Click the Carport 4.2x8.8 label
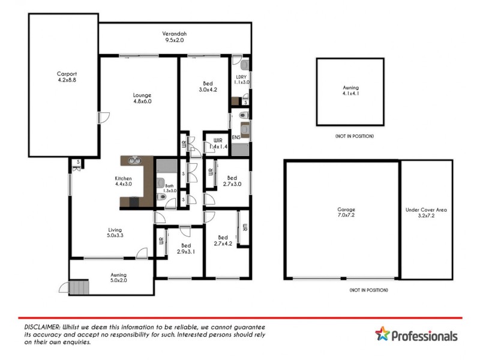point(63,78)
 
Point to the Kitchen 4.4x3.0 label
point(124,182)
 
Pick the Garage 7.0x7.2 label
point(342,213)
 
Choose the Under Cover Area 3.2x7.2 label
point(426,213)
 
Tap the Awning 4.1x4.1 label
point(350,91)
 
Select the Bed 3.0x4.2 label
point(207,86)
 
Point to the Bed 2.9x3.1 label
point(186,248)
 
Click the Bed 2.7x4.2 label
point(223,240)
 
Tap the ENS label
point(236,137)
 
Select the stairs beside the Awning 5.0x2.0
point(79,288)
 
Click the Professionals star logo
point(383,335)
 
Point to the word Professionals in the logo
point(425,336)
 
